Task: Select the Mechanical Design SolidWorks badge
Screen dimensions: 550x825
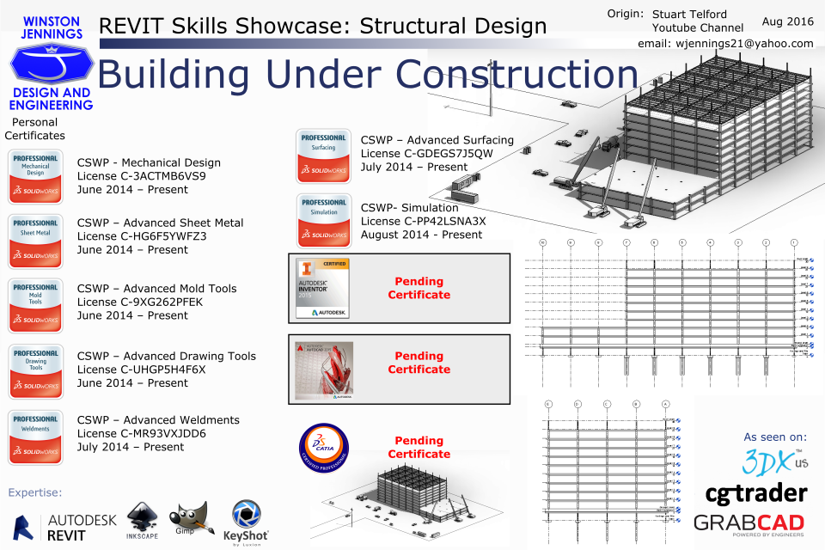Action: tap(35, 176)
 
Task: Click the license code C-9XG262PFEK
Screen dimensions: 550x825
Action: tap(141, 302)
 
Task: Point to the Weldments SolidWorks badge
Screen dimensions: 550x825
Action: tap(35, 437)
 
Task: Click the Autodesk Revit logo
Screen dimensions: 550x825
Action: tap(65, 527)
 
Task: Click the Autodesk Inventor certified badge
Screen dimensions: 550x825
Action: tap(322, 288)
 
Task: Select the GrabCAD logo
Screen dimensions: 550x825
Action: tap(749, 523)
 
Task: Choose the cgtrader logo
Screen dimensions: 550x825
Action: tap(756, 493)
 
